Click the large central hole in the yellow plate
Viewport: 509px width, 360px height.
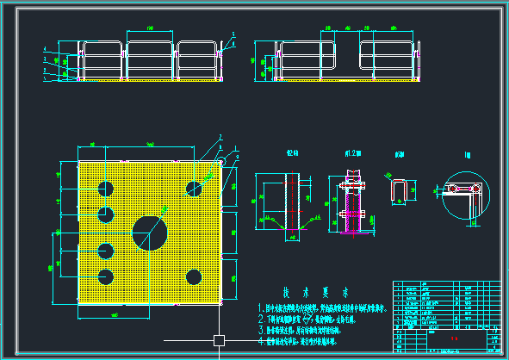tap(150, 233)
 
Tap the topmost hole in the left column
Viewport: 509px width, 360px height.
tap(106, 188)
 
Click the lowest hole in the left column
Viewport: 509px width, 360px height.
tap(106, 277)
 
